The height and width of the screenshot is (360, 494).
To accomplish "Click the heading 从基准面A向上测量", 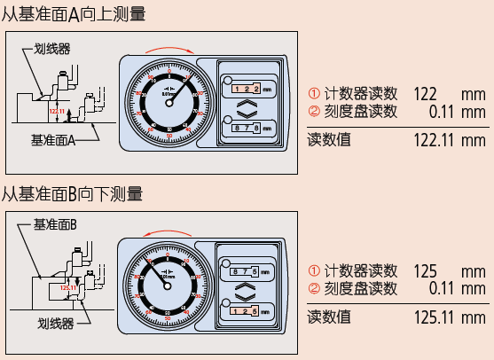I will click(x=73, y=13).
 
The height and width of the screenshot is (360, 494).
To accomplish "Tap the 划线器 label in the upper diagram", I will click(x=51, y=49).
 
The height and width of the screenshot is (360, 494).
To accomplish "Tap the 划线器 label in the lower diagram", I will click(x=56, y=325).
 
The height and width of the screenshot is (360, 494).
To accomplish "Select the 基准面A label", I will click(x=53, y=139).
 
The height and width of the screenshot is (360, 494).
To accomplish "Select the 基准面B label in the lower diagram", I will click(x=55, y=225).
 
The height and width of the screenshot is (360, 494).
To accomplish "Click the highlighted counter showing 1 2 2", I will click(x=246, y=89).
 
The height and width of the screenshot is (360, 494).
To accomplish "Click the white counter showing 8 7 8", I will click(x=246, y=129).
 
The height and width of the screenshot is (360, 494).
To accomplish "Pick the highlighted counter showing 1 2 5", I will click(x=244, y=309).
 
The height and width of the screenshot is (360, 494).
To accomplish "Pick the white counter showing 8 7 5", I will click(x=244, y=270).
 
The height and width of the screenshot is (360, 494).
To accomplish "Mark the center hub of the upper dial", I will click(x=169, y=100).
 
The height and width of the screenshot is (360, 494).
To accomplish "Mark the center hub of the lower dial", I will click(x=169, y=284).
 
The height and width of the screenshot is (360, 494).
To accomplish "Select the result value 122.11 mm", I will click(x=450, y=140).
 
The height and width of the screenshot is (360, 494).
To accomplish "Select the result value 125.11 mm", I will click(x=450, y=317).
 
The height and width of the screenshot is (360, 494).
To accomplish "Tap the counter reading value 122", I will click(x=426, y=94).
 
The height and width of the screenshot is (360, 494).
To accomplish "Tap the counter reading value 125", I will click(x=426, y=270).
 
